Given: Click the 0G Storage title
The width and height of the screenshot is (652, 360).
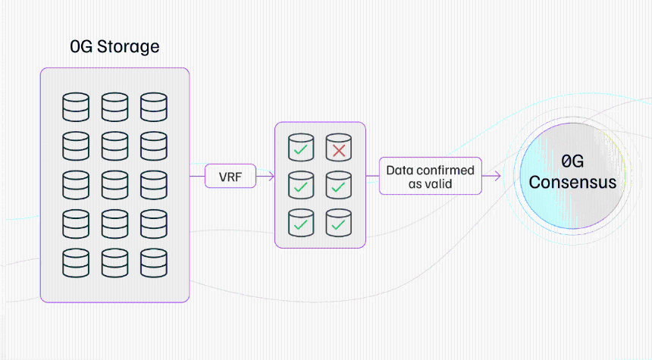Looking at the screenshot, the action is pyautogui.click(x=114, y=46).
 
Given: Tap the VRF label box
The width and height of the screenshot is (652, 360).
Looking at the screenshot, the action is pyautogui.click(x=230, y=176).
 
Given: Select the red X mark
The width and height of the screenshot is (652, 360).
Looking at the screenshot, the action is pyautogui.click(x=339, y=151).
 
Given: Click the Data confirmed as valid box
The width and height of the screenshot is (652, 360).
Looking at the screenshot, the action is pyautogui.click(x=431, y=176).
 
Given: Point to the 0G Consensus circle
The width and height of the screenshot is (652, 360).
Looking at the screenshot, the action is pyautogui.click(x=572, y=175).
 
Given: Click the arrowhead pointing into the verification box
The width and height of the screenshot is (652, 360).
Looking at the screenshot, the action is pyautogui.click(x=271, y=177).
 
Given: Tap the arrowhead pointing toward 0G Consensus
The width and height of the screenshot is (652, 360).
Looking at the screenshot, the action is pyautogui.click(x=497, y=177).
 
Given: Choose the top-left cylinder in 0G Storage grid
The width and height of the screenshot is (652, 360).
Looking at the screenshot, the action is pyautogui.click(x=76, y=108).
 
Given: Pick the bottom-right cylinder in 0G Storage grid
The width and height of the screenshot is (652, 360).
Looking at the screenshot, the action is pyautogui.click(x=154, y=263).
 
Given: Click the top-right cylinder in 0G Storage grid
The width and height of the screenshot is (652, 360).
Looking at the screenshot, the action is pyautogui.click(x=154, y=108).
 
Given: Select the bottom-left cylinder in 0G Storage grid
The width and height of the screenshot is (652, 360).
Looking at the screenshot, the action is pyautogui.click(x=76, y=263).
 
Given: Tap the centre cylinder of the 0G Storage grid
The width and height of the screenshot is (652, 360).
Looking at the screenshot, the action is pyautogui.click(x=114, y=185).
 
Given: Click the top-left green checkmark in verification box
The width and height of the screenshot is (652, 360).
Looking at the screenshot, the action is pyautogui.click(x=301, y=149).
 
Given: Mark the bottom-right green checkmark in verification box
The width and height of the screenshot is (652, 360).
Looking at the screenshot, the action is pyautogui.click(x=338, y=225).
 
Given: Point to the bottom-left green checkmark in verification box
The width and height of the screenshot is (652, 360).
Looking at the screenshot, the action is pyautogui.click(x=301, y=225).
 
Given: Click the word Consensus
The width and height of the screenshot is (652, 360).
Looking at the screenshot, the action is pyautogui.click(x=572, y=182).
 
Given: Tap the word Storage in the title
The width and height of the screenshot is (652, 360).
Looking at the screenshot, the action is pyautogui.click(x=128, y=47).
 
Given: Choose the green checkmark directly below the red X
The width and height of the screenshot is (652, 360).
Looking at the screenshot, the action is pyautogui.click(x=338, y=187).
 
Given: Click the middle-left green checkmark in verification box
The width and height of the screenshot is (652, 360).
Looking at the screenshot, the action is pyautogui.click(x=301, y=187).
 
